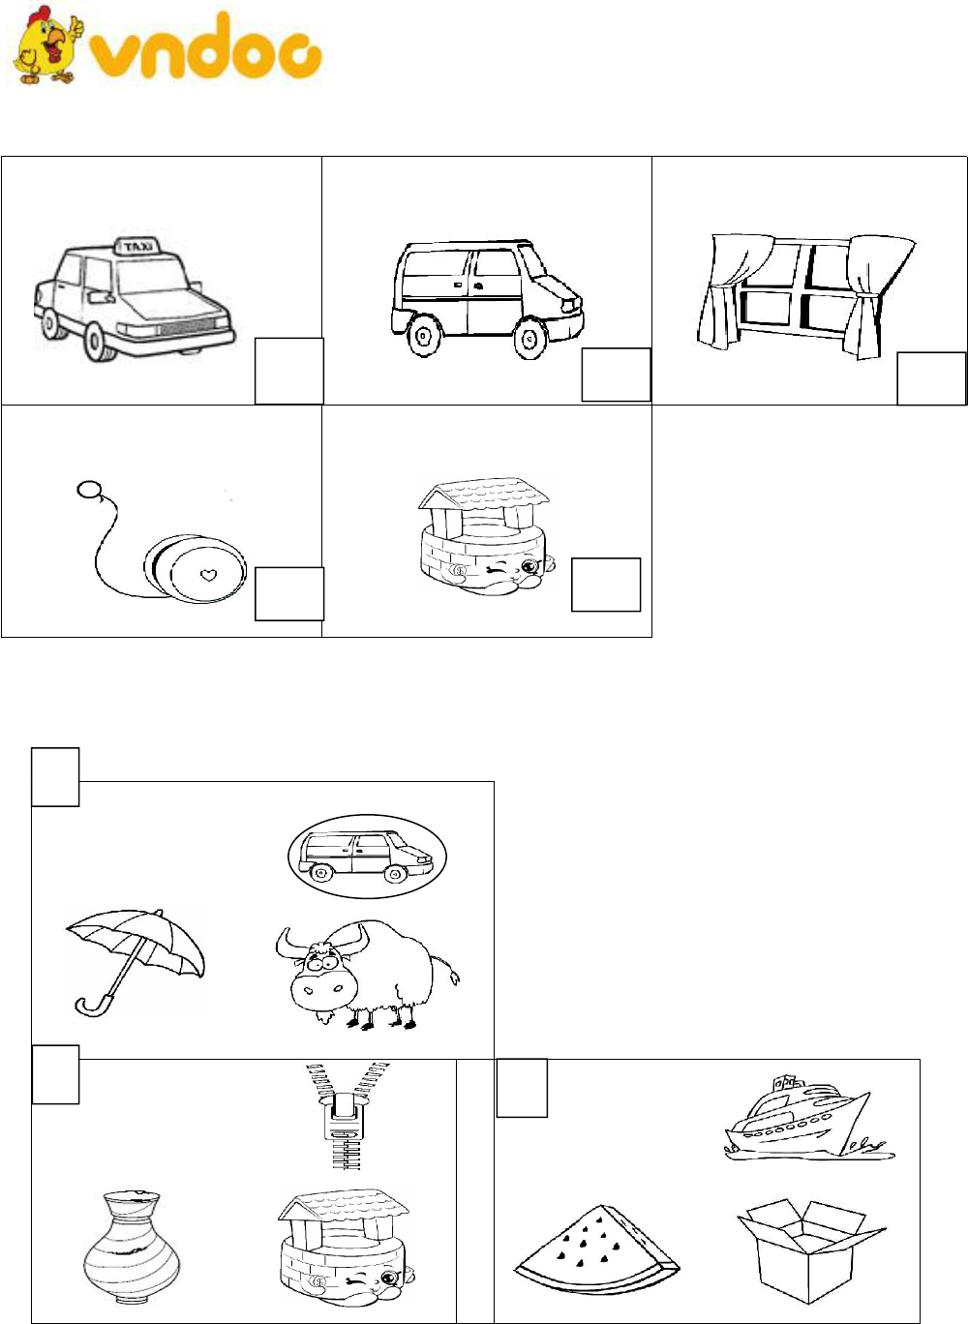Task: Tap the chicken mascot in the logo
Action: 46,45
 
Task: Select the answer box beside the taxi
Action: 289,372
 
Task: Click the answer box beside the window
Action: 931,378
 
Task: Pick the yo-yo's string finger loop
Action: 88,490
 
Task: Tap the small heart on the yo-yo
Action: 207,574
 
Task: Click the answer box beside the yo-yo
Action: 289,594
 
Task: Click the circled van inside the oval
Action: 367,857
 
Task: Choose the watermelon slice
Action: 596,1244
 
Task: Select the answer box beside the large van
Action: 617,375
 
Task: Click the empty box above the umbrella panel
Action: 55,776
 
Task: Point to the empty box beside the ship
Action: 522,1088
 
